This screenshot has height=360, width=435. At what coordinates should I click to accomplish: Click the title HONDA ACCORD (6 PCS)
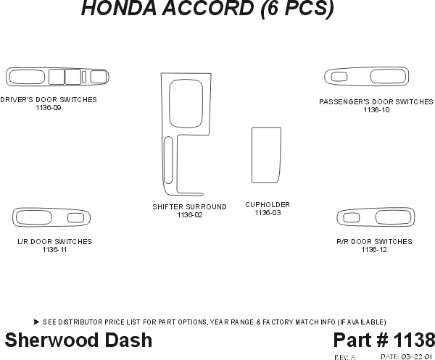point(207,9)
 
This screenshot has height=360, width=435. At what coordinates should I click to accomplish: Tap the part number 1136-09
point(48,108)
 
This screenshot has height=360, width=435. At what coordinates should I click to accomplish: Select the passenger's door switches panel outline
point(367,77)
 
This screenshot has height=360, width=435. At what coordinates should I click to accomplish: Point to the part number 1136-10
point(376,110)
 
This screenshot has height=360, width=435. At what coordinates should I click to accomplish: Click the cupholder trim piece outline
point(265,155)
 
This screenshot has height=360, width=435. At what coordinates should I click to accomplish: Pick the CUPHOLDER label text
point(268,205)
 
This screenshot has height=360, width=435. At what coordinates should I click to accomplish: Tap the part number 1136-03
point(268,213)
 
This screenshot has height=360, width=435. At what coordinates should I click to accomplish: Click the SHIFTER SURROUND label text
point(189,207)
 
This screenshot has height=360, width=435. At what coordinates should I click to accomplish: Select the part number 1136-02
point(189,215)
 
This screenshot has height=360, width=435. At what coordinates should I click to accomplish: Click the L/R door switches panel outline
point(51,218)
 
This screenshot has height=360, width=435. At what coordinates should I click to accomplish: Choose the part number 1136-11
point(54,250)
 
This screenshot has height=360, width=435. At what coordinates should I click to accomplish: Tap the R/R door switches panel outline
point(374,217)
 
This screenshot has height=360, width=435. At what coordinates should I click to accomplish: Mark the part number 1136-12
point(374,250)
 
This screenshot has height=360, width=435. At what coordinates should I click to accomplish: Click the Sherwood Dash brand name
point(78,340)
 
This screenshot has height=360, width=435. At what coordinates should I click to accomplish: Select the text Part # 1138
point(384,340)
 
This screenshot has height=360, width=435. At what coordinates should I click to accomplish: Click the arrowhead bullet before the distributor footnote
point(36,322)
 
